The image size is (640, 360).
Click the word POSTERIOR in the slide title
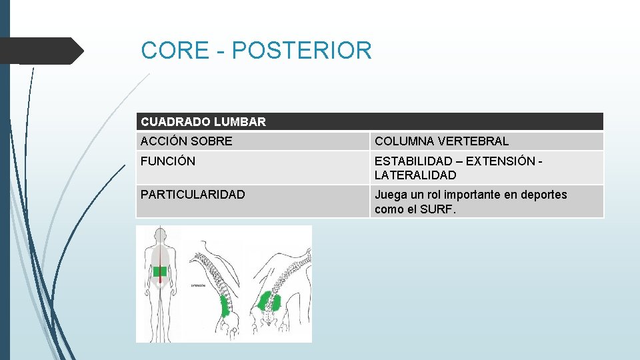tap(301, 51)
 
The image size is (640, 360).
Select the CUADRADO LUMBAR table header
tap(203, 122)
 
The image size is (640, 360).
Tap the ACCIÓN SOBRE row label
tap(187, 141)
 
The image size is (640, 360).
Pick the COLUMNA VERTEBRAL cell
tap(441, 141)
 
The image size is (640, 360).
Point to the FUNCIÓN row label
tap(168, 161)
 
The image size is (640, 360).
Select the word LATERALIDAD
tap(415, 175)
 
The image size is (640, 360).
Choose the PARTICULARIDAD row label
tap(193, 195)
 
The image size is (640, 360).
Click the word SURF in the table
tap(443, 209)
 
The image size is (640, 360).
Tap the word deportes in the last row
tap(543, 195)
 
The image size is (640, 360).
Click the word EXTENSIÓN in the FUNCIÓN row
tap(501, 161)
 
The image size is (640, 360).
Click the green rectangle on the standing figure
tap(160, 271)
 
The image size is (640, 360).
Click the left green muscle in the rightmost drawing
tap(264, 301)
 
